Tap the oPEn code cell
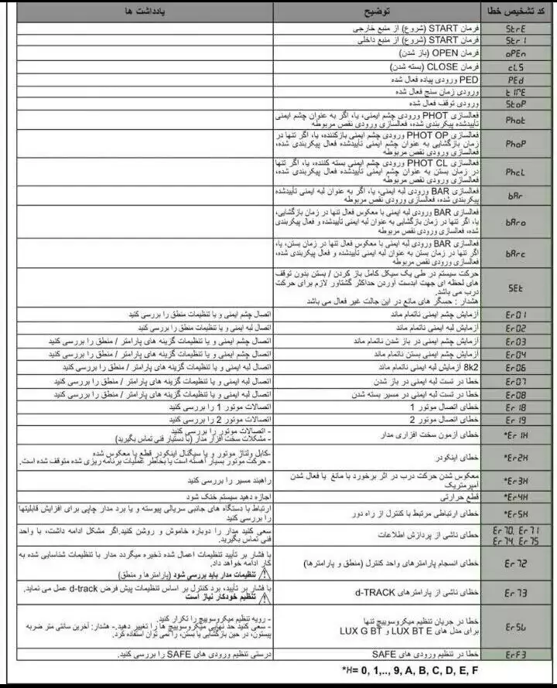pos(516,54)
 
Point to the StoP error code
pos(516,103)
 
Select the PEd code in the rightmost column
pos(516,79)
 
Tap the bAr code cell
pos(516,196)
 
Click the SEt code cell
pos(516,287)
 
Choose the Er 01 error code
pos(516,315)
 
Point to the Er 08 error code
pos(516,394)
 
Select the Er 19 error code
pos(516,421)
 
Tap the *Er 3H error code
pos(516,479)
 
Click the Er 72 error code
pos(516,565)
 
